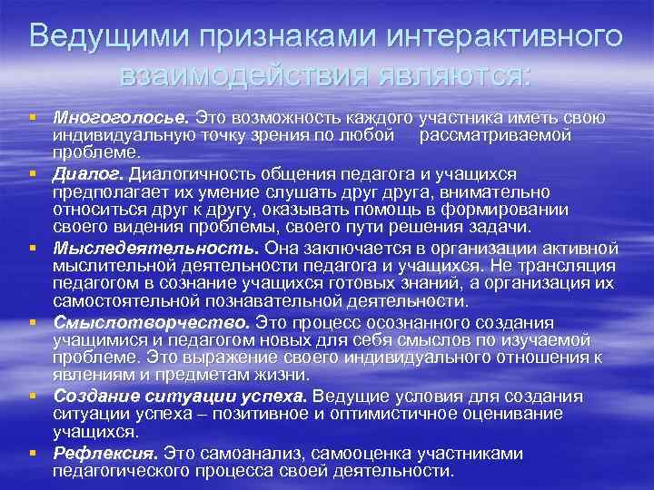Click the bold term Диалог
tap(88, 173)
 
